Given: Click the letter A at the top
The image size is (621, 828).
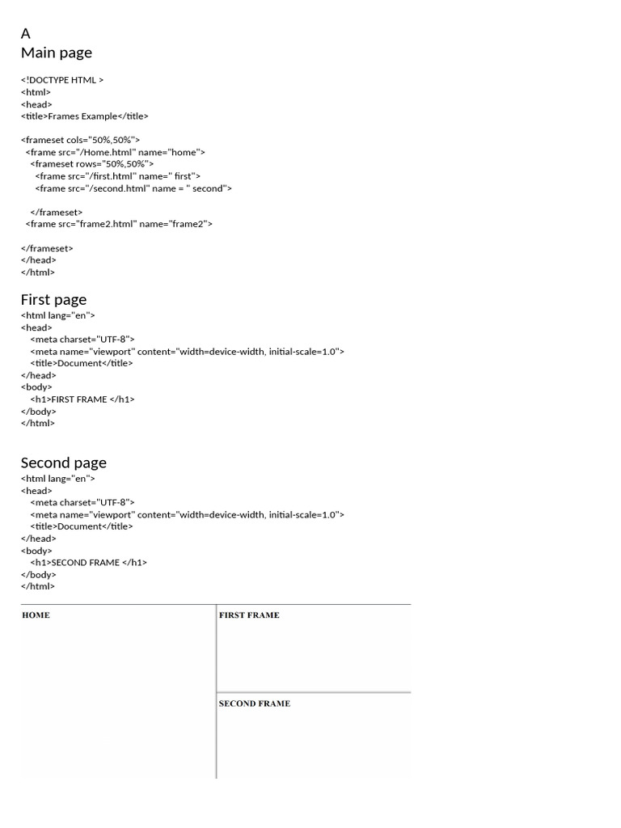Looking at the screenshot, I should [26, 34].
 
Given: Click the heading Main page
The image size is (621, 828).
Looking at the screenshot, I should [57, 53].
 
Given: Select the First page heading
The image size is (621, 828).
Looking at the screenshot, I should [53, 299].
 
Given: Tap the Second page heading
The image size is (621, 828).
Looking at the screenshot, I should [63, 463].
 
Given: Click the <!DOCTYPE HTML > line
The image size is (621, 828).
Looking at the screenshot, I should [62, 80].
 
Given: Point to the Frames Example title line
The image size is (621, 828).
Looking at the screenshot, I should [85, 116].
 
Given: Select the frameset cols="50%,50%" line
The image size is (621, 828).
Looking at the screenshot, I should [81, 140].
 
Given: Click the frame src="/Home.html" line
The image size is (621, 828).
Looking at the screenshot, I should [116, 152].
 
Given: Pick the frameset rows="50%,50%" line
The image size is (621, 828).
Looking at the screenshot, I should [92, 164].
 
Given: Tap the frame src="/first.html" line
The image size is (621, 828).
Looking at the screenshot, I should [118, 175].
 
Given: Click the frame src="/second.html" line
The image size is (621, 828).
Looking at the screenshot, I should [133, 188].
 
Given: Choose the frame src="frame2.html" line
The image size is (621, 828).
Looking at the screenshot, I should [119, 223].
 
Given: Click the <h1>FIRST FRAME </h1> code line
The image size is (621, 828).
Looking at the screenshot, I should [82, 399].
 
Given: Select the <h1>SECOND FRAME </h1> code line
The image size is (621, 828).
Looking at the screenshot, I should [89, 562].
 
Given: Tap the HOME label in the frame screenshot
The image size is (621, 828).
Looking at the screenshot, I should [36, 615].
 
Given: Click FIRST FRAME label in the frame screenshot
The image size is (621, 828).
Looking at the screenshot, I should [249, 615].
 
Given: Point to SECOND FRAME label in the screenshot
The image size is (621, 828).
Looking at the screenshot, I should [255, 703].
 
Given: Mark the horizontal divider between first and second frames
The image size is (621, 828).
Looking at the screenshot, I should [314, 693].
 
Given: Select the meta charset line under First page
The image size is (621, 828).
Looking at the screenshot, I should [82, 340].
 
